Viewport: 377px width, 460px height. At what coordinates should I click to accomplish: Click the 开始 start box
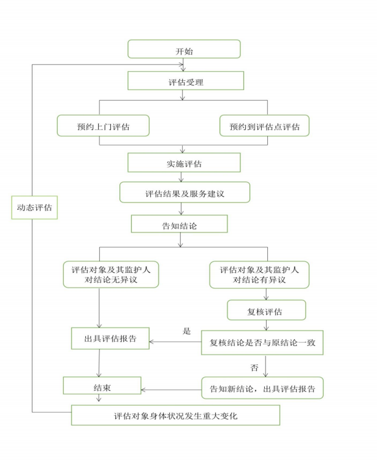click(184, 50)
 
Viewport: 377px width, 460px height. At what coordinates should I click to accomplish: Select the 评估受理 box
click(186, 81)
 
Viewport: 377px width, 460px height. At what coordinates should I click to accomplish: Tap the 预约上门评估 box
click(103, 126)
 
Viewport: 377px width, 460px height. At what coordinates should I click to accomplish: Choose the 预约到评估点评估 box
click(264, 126)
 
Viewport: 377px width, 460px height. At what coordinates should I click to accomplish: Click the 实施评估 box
click(183, 162)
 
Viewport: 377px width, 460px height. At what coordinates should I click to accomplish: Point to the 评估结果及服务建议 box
click(185, 193)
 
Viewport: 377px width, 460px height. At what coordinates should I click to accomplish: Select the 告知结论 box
click(179, 224)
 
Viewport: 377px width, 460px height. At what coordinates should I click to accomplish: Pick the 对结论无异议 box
click(111, 274)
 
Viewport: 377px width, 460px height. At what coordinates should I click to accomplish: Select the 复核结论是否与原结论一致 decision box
click(262, 342)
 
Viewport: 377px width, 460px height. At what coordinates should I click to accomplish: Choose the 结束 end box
click(102, 386)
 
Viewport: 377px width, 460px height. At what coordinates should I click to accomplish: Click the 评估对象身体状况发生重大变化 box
click(175, 415)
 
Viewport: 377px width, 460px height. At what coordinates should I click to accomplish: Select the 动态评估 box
click(35, 208)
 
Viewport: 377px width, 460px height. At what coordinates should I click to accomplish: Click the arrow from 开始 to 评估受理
click(185, 65)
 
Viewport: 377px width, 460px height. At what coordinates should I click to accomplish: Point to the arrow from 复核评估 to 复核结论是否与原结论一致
click(266, 325)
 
